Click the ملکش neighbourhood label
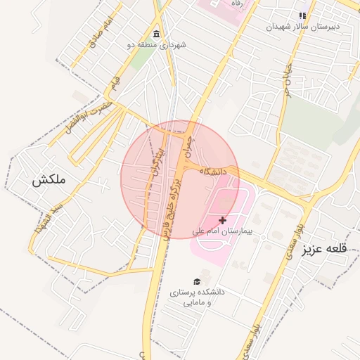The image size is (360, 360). click(49, 180)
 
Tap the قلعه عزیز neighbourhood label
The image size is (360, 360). click(326, 250)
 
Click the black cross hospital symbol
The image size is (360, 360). click(223, 221)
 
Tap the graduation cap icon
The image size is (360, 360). click(196, 281)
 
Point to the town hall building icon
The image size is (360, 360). click(156, 34)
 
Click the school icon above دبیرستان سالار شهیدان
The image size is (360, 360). click(302, 15)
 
